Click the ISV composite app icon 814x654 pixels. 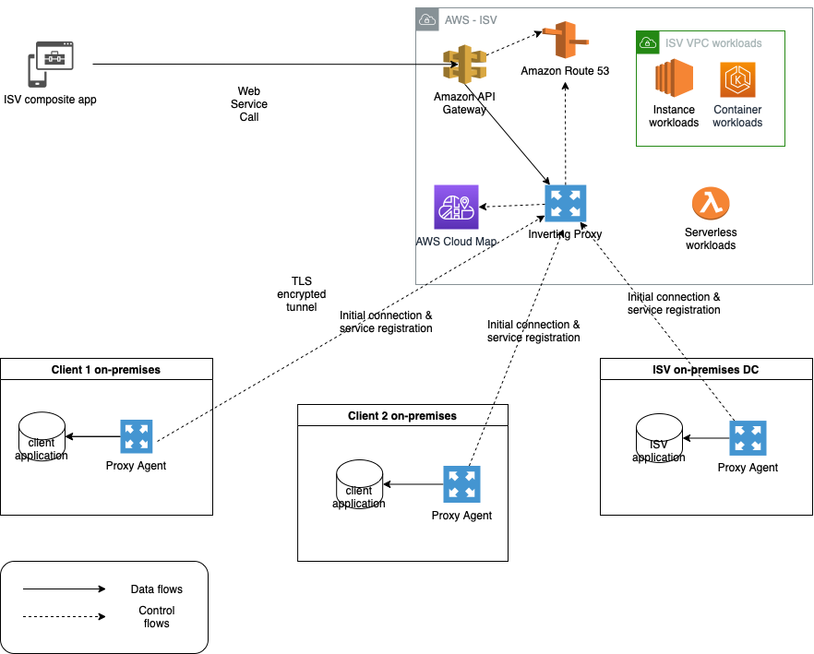(50, 64)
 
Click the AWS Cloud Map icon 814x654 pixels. (455, 208)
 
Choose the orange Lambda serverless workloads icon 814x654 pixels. (711, 203)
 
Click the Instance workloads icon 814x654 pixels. (674, 78)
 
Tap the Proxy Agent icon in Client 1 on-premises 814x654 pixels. (137, 436)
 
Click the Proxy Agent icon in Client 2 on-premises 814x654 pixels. (461, 484)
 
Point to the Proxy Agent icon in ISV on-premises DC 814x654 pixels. (748, 437)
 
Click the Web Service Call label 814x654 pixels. (249, 103)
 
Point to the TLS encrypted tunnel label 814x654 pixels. (302, 293)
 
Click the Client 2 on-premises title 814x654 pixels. (402, 416)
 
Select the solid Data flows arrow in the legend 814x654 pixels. (64, 589)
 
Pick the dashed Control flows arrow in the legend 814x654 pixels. (64, 616)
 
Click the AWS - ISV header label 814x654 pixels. (470, 19)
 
